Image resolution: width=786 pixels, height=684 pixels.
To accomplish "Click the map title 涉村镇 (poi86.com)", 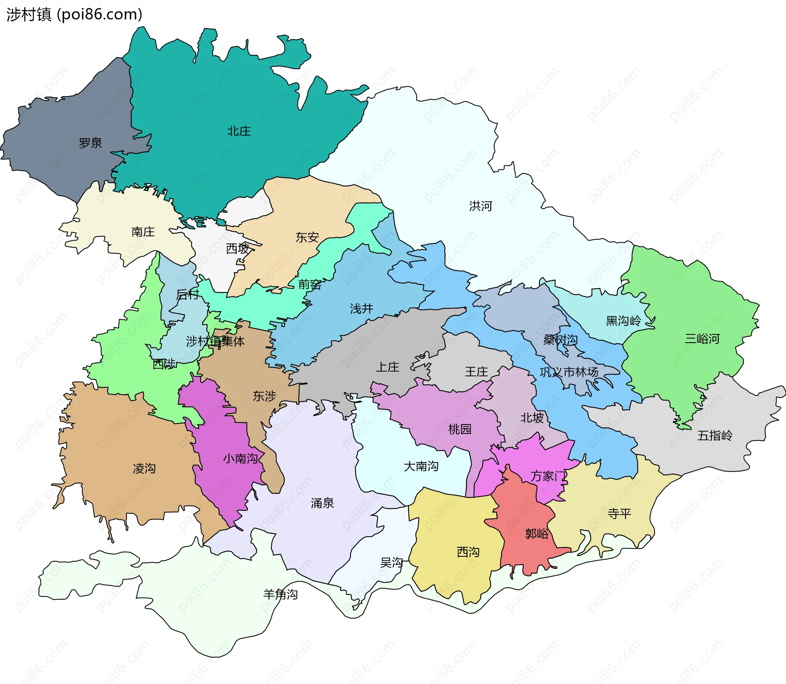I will (74, 14).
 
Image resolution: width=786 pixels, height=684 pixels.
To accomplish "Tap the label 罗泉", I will (90, 143).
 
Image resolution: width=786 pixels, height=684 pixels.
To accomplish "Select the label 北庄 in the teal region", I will (239, 131).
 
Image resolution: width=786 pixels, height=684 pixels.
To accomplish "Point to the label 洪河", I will (480, 206).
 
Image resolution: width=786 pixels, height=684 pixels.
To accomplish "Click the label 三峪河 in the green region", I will (702, 339).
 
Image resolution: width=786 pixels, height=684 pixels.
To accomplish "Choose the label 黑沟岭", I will (623, 321).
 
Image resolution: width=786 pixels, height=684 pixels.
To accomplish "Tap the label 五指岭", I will (714, 436).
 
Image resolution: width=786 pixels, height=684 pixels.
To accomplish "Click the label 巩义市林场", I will (569, 372).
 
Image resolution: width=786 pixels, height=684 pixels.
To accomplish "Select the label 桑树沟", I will (560, 340).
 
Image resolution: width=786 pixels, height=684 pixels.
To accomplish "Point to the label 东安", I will (307, 237).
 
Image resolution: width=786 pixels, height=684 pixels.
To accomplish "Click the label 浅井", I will (361, 309).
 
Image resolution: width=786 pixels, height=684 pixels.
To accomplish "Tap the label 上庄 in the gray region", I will (387, 367).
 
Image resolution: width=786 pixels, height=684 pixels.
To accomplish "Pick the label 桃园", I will (459, 429).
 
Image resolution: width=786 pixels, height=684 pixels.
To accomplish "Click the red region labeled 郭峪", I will (536, 534).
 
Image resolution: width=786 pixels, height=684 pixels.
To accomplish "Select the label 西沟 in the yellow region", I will (468, 553).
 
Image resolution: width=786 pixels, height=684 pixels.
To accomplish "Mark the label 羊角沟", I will (280, 594).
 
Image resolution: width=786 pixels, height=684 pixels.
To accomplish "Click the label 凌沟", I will (144, 469).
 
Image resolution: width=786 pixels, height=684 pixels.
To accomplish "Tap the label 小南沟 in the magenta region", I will (240, 458).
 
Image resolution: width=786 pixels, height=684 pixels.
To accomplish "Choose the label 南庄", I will (143, 232).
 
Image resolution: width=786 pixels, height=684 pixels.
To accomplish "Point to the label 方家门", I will (548, 476).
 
